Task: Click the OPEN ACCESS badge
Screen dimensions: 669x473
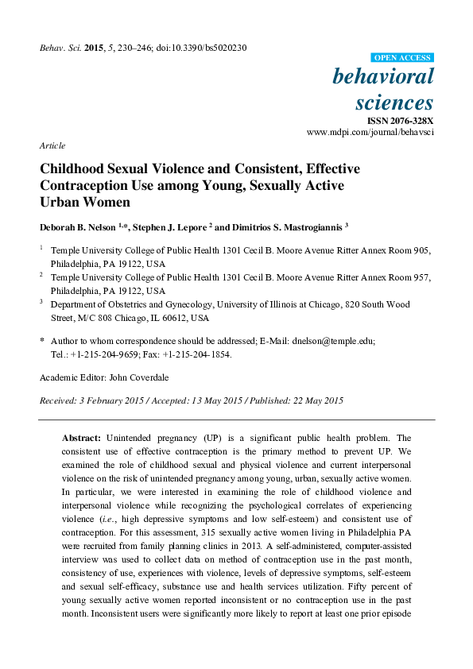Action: point(403,58)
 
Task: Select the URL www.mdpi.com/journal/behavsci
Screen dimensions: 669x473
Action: point(370,132)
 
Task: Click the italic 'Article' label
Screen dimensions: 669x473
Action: point(52,146)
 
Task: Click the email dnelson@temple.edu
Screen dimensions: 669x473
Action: point(335,340)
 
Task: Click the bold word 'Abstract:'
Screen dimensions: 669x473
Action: point(81,438)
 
